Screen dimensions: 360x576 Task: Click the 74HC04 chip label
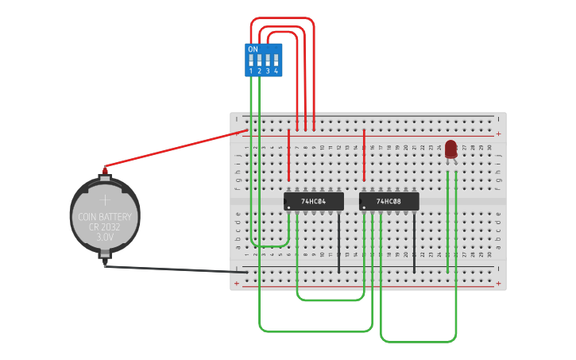tap(314, 202)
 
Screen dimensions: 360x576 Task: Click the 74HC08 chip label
tap(389, 202)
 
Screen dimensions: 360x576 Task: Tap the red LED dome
tap(451, 148)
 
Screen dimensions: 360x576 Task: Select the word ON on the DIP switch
tap(253, 49)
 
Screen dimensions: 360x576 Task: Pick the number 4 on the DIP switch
tap(276, 72)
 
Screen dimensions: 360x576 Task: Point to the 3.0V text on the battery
tap(105, 237)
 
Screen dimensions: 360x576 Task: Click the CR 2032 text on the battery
tap(105, 226)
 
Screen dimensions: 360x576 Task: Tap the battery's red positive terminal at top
tap(104, 169)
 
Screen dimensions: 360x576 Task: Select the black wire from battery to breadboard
tap(175, 269)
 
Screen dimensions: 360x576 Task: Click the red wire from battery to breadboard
tap(175, 149)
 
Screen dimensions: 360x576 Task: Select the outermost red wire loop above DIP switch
tap(282, 18)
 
